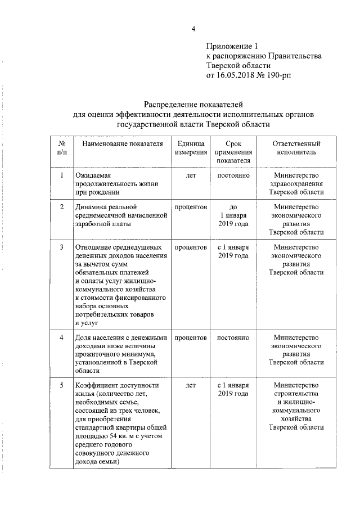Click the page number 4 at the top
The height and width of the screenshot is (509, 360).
[193, 29]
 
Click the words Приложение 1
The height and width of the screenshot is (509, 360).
[232, 47]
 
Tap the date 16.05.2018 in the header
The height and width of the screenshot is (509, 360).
[239, 74]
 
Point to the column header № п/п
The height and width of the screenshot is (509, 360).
[61, 148]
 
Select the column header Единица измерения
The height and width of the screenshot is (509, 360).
[190, 148]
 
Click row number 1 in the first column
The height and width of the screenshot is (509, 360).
[61, 175]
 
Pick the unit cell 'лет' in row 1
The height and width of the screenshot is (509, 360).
[190, 175]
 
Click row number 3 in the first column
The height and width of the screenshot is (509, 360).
[61, 247]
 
